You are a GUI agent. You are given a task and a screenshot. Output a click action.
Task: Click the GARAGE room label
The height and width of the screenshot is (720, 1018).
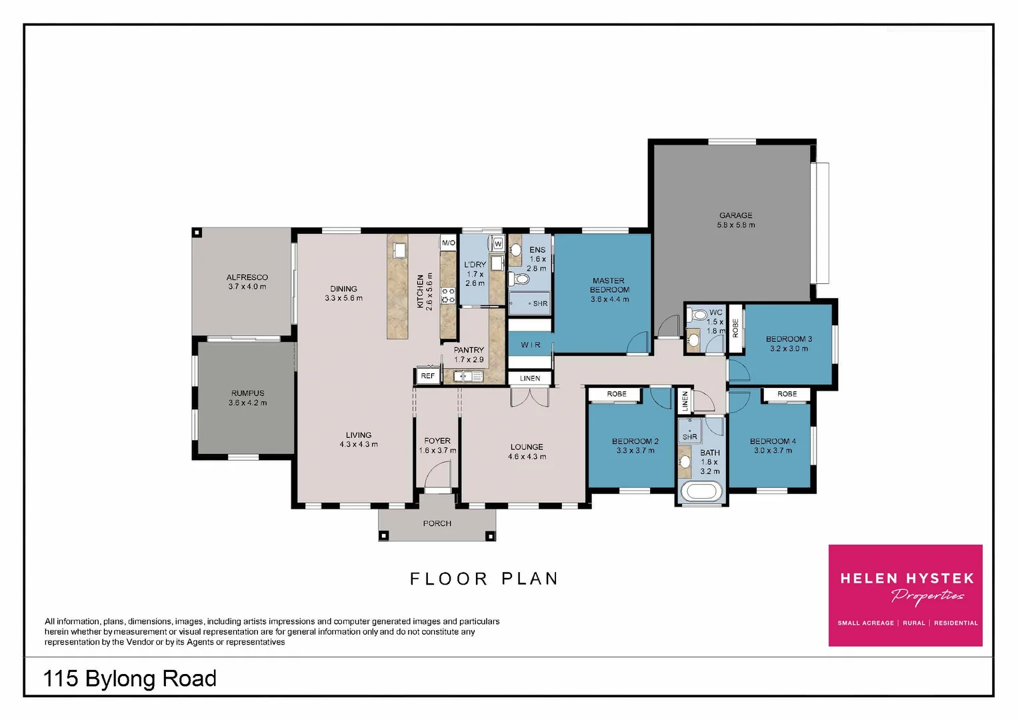click(x=735, y=215)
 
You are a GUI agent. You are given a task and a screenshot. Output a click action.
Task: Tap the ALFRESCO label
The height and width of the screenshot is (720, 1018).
click(x=247, y=277)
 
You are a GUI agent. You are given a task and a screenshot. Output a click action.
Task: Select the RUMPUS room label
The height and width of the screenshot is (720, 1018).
click(x=247, y=393)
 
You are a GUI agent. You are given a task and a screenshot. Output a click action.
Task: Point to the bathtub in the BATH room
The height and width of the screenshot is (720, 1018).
click(x=700, y=492)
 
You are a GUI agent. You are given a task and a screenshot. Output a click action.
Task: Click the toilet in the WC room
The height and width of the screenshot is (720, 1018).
click(x=698, y=315)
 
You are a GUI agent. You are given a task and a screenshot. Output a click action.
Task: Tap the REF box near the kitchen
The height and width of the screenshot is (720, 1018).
click(x=427, y=376)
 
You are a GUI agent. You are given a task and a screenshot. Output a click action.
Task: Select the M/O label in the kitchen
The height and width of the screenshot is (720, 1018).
click(x=448, y=243)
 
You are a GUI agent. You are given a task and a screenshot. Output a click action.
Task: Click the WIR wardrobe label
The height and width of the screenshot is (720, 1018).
click(x=531, y=345)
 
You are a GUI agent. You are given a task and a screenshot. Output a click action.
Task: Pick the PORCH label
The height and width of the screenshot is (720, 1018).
click(x=437, y=523)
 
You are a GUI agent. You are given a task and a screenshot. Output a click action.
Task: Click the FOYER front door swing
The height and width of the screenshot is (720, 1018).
click(x=437, y=475)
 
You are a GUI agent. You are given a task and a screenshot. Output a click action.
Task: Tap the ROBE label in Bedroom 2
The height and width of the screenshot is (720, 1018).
click(x=616, y=394)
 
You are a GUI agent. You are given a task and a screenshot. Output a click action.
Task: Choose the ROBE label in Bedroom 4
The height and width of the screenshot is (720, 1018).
click(x=787, y=394)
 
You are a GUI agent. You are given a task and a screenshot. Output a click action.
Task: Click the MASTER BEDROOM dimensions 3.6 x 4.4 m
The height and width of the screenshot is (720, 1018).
click(x=609, y=299)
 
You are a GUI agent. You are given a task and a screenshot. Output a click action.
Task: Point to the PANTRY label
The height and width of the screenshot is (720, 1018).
click(x=469, y=350)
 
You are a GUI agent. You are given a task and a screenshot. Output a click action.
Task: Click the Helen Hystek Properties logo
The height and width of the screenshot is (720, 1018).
click(x=905, y=595)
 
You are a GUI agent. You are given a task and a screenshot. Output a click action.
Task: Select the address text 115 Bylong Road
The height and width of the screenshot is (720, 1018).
click(x=130, y=679)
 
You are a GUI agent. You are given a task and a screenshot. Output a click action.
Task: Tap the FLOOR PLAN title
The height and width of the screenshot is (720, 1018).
click(x=483, y=579)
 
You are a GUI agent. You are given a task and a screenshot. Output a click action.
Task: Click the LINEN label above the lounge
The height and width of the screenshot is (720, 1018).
click(x=530, y=378)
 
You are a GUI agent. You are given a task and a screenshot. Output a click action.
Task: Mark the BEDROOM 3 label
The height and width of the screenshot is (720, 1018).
click(x=789, y=339)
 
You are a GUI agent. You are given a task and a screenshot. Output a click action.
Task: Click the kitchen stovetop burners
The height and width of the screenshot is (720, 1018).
click(x=448, y=295)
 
